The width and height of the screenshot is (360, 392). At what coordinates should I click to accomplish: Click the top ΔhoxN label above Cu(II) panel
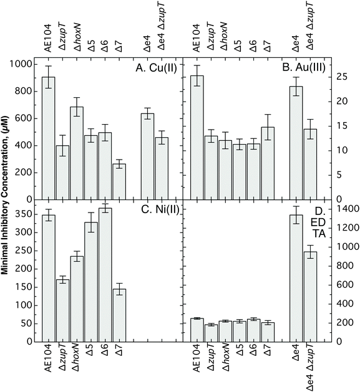(x=77, y=36)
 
